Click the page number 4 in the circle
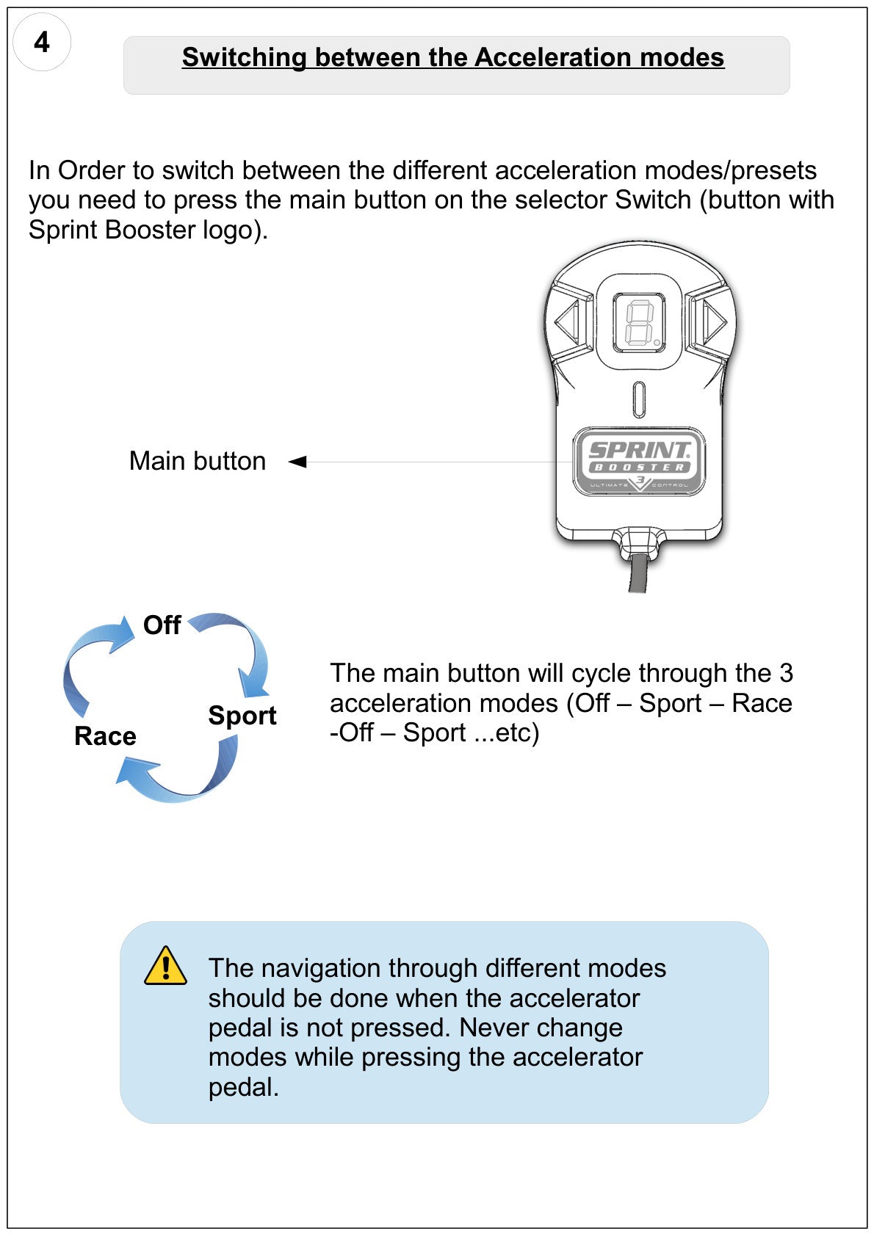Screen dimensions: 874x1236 point(42,42)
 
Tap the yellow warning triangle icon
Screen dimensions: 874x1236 point(165,966)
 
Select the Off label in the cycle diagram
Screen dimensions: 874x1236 point(162,625)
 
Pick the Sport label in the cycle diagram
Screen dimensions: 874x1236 point(242,716)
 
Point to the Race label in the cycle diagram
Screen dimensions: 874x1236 point(105,735)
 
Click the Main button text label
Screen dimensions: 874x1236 point(197,461)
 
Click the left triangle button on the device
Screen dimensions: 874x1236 point(568,321)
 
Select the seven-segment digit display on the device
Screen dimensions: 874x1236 point(640,323)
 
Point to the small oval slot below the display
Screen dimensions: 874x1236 point(639,399)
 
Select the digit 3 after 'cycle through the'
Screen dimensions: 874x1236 point(786,673)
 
